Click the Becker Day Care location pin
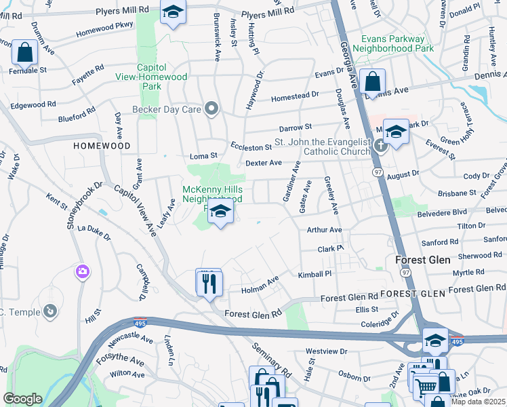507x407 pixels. (x=211, y=108)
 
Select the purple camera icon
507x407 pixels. (x=83, y=271)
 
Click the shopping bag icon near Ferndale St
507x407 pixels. (x=24, y=52)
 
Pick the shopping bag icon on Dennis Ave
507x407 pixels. (x=372, y=81)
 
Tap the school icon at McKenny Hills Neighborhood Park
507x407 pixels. (x=220, y=212)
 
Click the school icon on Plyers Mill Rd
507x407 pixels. (x=173, y=12)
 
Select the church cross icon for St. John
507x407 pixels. (x=380, y=144)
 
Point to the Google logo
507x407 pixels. (x=22, y=399)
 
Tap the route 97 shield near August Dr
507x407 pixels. (x=378, y=173)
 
